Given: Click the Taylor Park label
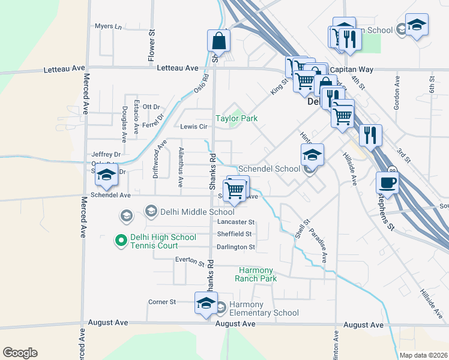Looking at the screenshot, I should tap(237, 119).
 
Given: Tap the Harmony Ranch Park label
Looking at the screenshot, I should tap(258, 274).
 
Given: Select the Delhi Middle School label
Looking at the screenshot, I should tap(190, 211).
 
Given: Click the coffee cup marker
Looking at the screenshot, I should tap(387, 182).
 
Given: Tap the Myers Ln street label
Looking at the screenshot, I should tap(108, 27).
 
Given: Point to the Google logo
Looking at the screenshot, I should tap(20, 353).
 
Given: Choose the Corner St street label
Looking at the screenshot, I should tap(161, 302).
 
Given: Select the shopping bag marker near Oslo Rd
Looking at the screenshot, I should tap(218, 41).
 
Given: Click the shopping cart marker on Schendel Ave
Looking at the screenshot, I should tap(236, 190).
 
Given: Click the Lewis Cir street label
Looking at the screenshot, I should tap(193, 127).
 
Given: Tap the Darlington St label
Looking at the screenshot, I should tap(236, 247).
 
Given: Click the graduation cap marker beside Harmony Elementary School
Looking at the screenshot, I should tap(205, 303).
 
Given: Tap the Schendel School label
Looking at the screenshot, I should tap(269, 169).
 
